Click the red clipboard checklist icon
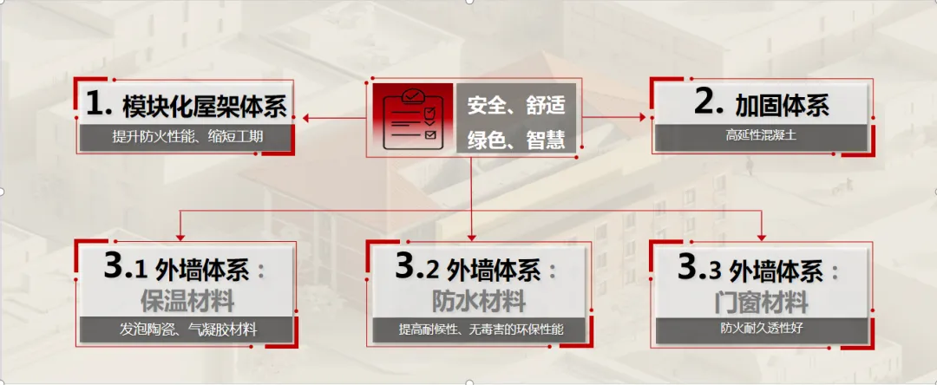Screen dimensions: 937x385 [413, 118]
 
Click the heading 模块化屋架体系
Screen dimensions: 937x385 [205, 107]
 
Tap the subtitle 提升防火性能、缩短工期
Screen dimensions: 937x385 [187, 137]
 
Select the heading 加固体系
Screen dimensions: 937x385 [783, 106]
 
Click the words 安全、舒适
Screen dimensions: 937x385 [515, 107]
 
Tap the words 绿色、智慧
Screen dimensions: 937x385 [515, 140]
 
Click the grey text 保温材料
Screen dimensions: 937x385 [187, 302]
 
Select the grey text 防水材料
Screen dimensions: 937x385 [479, 301]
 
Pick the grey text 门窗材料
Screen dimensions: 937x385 [762, 302]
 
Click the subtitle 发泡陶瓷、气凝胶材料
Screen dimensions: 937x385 [188, 329]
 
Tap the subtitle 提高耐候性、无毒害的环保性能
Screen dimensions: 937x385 [481, 329]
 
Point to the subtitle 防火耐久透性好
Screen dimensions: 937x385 [762, 328]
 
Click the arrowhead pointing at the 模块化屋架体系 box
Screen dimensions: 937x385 [306, 118]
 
